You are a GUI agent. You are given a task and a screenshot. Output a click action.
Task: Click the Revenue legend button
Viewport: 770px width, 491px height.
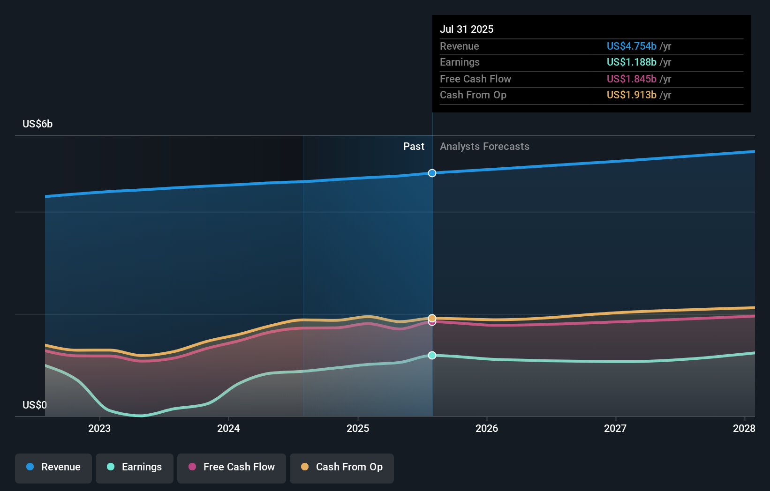[x=53, y=467]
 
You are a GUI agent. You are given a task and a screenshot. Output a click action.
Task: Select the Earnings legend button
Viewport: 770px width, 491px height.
[x=135, y=467]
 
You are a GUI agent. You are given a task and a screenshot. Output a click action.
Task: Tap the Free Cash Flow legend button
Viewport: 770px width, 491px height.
[x=232, y=467]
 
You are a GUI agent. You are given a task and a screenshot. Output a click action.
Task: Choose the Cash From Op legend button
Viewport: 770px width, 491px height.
[x=342, y=467]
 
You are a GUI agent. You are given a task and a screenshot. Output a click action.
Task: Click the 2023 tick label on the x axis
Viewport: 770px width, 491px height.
[x=99, y=428]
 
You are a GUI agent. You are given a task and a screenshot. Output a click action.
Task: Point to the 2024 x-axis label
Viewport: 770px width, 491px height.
[x=228, y=428]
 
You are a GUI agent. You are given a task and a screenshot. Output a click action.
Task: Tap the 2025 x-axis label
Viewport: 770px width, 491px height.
[x=358, y=428]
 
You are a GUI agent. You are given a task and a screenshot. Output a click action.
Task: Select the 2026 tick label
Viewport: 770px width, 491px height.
[x=487, y=428]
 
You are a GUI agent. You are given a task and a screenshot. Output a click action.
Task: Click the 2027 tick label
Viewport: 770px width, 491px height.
[x=615, y=428]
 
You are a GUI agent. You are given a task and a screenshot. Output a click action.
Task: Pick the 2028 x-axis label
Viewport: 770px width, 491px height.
[x=744, y=428]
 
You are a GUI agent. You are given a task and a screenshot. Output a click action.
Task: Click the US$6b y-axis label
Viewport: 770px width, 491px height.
[x=38, y=124]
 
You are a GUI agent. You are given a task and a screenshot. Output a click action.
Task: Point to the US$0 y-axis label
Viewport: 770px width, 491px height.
[x=35, y=405]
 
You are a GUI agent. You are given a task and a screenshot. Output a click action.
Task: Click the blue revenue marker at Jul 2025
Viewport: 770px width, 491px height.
[x=432, y=173]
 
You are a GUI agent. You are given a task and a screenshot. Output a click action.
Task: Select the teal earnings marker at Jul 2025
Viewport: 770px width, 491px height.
[x=432, y=356]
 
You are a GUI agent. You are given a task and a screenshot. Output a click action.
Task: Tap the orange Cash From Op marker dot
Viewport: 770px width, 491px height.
[x=432, y=318]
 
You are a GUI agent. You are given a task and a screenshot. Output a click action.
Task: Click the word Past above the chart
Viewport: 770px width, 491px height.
[x=414, y=147]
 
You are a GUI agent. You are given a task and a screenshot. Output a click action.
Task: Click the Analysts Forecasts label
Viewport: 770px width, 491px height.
[x=484, y=147]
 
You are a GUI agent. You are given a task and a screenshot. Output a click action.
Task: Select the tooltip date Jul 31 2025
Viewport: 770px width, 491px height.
[x=467, y=29]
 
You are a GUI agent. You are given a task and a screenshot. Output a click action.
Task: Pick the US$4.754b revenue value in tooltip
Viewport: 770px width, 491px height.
[x=631, y=46]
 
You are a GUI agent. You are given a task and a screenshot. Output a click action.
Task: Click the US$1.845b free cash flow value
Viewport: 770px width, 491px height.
[x=631, y=79]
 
